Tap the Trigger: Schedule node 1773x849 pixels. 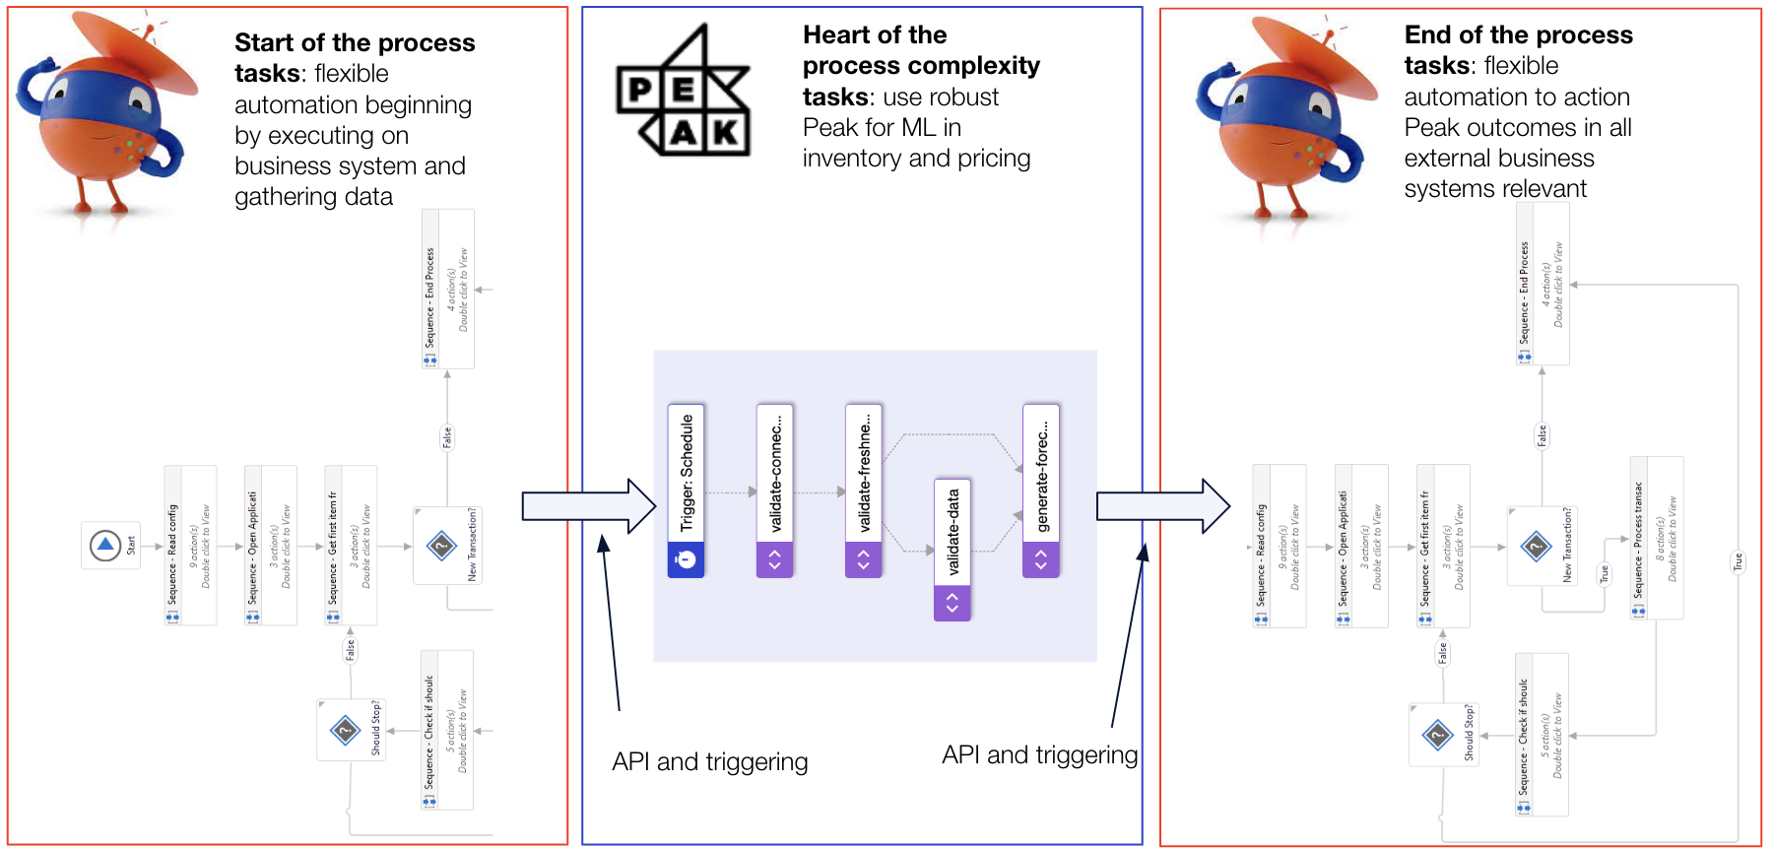pyautogui.click(x=686, y=490)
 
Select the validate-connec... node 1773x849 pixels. pyautogui.click(x=774, y=490)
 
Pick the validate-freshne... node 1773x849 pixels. pyautogui.click(x=863, y=490)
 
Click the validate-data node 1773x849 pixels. pyautogui.click(x=952, y=549)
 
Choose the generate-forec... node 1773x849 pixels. pyautogui.click(x=1040, y=490)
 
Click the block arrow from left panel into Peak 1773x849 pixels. pyautogui.click(x=588, y=506)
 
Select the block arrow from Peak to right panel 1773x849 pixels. pyautogui.click(x=1162, y=506)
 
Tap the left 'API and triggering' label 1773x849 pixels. pyautogui.click(x=709, y=761)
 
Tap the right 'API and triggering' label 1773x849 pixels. pyautogui.click(x=1039, y=754)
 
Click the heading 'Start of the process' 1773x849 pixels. pyautogui.click(x=355, y=43)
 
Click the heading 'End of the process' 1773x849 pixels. pyautogui.click(x=1518, y=35)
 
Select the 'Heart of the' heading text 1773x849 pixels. pyautogui.click(x=875, y=35)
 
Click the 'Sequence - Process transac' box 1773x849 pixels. pyautogui.click(x=1656, y=538)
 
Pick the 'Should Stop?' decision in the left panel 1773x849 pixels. pyautogui.click(x=351, y=730)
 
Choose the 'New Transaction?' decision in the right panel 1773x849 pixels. pyautogui.click(x=1542, y=546)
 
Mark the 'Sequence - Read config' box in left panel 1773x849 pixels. pyautogui.click(x=190, y=545)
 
